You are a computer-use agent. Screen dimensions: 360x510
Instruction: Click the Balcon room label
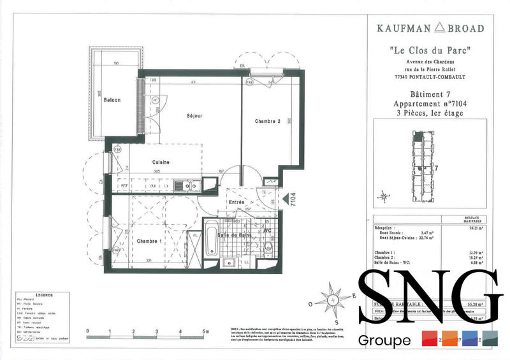click(x=113, y=100)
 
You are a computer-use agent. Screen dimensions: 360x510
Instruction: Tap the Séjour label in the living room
click(x=194, y=116)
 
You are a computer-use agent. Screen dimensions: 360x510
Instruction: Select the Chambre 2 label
click(x=268, y=121)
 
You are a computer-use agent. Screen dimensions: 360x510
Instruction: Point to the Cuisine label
click(x=160, y=163)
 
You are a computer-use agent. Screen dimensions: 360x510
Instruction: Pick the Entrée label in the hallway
click(x=237, y=202)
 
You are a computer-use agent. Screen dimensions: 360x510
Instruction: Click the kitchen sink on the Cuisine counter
click(x=188, y=185)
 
